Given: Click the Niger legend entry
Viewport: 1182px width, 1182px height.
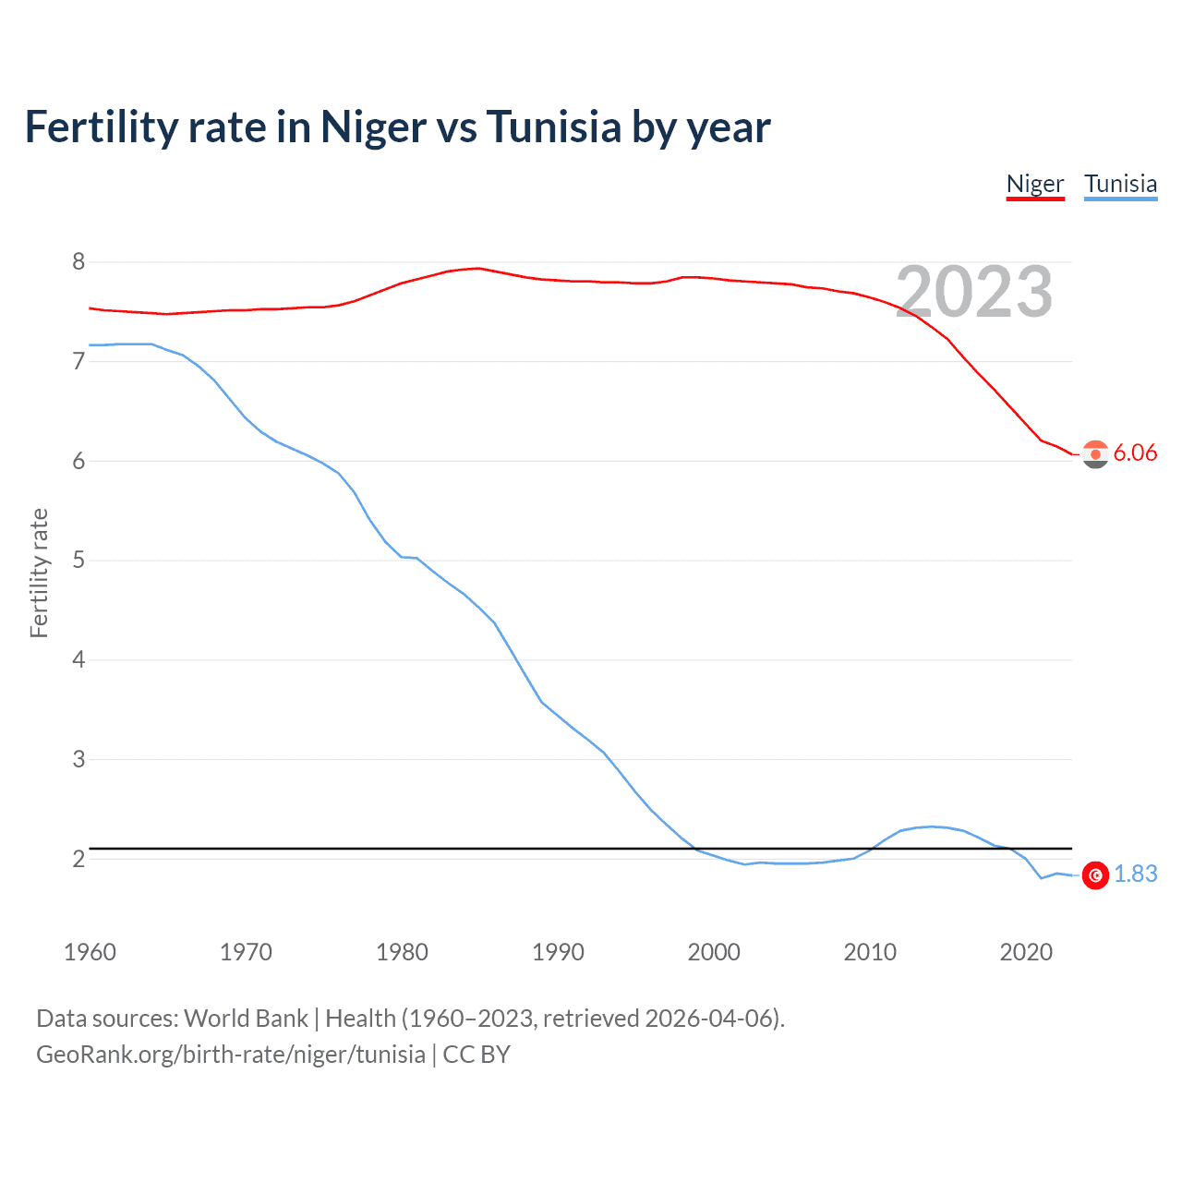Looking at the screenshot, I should pos(1034,184).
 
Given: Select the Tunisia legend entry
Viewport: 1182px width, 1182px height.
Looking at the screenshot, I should pos(1120,184).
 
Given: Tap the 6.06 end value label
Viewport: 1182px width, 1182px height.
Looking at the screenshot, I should pos(1135,452).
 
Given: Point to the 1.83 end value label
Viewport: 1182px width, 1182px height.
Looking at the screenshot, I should pos(1135,874).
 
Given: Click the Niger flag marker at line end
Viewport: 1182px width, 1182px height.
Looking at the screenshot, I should pos(1095,454).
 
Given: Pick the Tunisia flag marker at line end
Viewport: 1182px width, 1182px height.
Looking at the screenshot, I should pos(1095,874).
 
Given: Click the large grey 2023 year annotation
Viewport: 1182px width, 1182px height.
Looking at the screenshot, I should pos(974,293).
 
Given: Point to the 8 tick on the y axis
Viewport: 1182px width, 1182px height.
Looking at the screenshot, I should pos(78,262).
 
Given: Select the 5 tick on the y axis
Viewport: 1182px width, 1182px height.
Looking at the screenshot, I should pos(78,561).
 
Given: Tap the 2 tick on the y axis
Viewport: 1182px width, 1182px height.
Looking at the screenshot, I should pos(78,859).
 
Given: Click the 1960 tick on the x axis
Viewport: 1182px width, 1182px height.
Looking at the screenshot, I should pos(90,952).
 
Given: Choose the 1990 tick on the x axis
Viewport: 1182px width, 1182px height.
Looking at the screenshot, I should pos(558,952).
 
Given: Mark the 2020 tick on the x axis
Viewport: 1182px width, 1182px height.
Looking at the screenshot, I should pos(1026,952).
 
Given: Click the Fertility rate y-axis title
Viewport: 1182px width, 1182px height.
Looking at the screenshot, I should pos(39,573).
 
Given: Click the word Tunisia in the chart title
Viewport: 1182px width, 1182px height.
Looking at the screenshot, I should pos(553,127).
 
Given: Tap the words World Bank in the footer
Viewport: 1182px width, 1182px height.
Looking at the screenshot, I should pos(246,1019).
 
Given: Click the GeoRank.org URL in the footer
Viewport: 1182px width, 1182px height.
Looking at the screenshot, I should pos(231,1055).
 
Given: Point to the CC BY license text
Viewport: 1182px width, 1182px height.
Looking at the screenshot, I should pos(476,1055).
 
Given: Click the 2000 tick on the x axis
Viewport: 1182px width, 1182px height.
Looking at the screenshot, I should pos(714,952).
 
